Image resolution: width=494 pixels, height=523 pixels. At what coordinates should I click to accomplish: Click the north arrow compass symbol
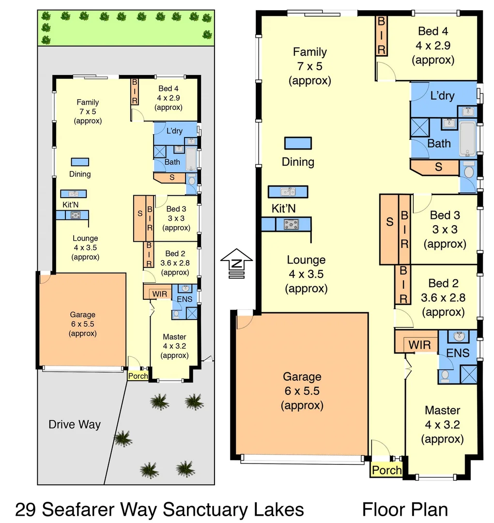click(x=236, y=262)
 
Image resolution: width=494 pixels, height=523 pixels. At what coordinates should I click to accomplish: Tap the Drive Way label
click(x=75, y=425)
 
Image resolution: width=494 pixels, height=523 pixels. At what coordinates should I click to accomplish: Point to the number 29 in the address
click(x=25, y=509)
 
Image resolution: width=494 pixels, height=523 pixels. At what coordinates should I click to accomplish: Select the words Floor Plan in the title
click(x=404, y=509)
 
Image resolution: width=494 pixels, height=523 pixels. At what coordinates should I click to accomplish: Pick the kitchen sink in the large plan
click(x=288, y=192)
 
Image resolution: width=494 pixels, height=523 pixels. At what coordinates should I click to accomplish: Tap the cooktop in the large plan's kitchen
click(x=292, y=224)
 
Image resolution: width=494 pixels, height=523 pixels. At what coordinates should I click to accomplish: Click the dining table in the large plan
click(x=298, y=143)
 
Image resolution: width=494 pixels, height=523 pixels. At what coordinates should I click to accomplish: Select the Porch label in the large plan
click(x=386, y=470)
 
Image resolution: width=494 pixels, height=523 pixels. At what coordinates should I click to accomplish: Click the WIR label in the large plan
click(x=420, y=345)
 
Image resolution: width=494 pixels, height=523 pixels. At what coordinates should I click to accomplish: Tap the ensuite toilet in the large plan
click(x=445, y=375)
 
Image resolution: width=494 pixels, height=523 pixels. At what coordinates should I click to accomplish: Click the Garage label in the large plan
click(x=302, y=376)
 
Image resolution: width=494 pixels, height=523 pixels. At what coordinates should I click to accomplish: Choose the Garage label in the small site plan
click(x=82, y=314)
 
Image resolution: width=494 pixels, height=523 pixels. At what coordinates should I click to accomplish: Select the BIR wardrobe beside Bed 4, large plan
click(x=381, y=36)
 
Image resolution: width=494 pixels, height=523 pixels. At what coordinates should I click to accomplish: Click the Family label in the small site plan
click(x=88, y=102)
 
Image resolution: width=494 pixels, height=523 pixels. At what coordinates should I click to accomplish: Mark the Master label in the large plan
click(x=442, y=410)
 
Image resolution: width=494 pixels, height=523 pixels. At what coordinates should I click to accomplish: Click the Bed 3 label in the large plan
click(x=445, y=215)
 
